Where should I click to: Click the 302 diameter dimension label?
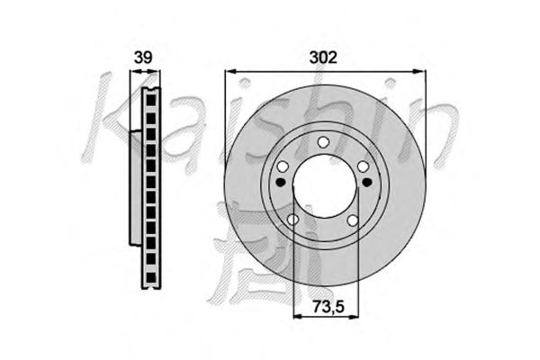click(323, 58)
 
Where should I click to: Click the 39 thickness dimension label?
click(143, 58)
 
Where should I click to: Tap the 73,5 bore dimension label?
click(328, 306)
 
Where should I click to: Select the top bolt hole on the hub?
click(323, 141)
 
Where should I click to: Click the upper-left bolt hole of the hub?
click(283, 166)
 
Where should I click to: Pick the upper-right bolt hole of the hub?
click(363, 166)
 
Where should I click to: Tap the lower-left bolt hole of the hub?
click(292, 220)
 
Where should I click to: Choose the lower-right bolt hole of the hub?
click(353, 220)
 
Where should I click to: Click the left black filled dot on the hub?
click(282, 182)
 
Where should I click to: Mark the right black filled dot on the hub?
click(367, 182)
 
